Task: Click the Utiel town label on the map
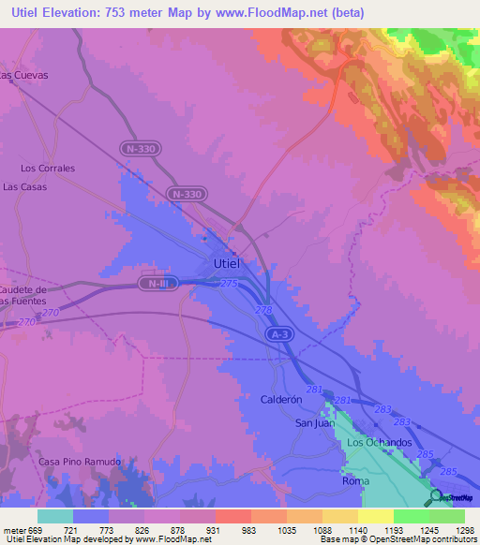pyautogui.click(x=226, y=263)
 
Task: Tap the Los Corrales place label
pyautogui.click(x=48, y=169)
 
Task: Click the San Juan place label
pyautogui.click(x=315, y=422)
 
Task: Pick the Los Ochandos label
pyautogui.click(x=380, y=442)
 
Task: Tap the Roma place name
pyautogui.click(x=356, y=481)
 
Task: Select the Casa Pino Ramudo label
pyautogui.click(x=80, y=463)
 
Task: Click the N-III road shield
pyautogui.click(x=157, y=283)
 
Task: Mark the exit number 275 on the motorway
pyautogui.click(x=230, y=283)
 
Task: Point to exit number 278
pyautogui.click(x=263, y=310)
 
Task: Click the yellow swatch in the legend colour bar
pyautogui.click(x=375, y=516)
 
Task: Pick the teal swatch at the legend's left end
pyautogui.click(x=54, y=516)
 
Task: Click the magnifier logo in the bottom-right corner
pyautogui.click(x=436, y=497)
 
